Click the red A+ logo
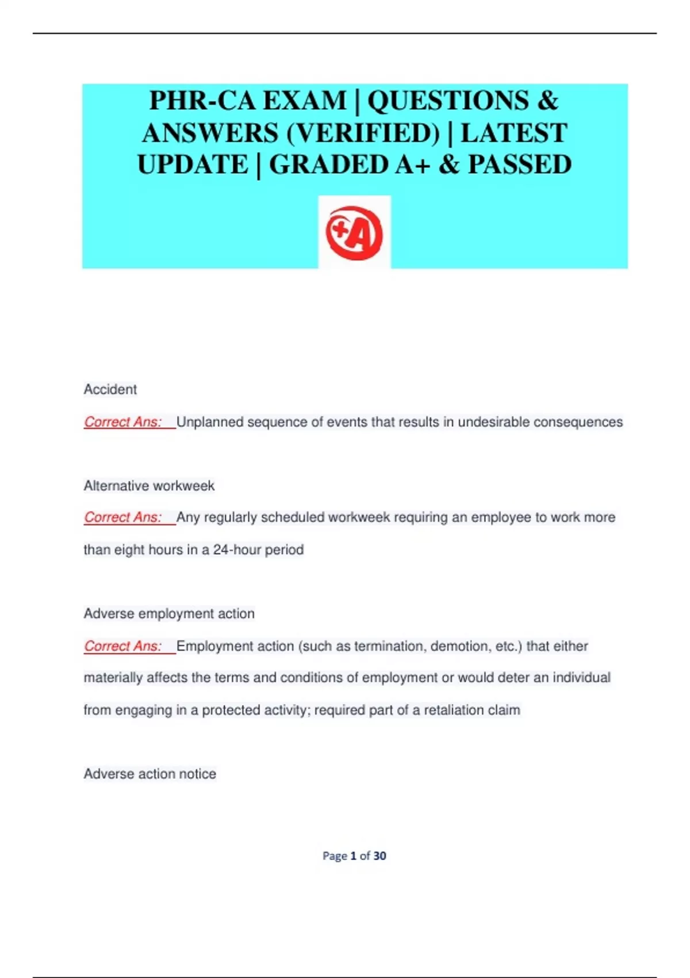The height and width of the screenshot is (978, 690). pyautogui.click(x=354, y=232)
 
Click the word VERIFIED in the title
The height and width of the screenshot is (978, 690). pyautogui.click(x=363, y=133)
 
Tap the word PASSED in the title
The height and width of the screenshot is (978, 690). pyautogui.click(x=519, y=165)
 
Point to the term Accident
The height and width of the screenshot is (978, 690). pyautogui.click(x=110, y=389)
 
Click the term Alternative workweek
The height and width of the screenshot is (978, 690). pyautogui.click(x=149, y=486)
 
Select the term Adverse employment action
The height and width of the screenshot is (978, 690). pyautogui.click(x=169, y=614)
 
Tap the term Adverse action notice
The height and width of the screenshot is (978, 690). pyautogui.click(x=150, y=774)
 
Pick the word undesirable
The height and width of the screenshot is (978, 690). pyautogui.click(x=493, y=422)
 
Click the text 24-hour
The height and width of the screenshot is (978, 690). pyautogui.click(x=237, y=550)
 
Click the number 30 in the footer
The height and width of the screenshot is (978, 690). pyautogui.click(x=379, y=856)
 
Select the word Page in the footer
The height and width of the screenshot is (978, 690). pyautogui.click(x=335, y=856)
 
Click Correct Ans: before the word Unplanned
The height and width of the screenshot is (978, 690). pyautogui.click(x=123, y=422)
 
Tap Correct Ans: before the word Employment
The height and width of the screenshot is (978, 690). pyautogui.click(x=123, y=646)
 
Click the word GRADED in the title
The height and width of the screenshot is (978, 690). pyautogui.click(x=330, y=165)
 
